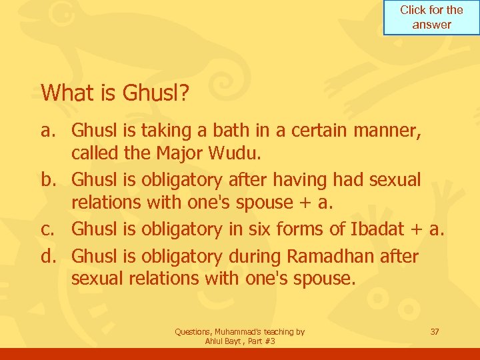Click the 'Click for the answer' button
[x=431, y=17]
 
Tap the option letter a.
[x=48, y=128]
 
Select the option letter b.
[x=48, y=179]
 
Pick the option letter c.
[x=48, y=229]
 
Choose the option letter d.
[x=48, y=256]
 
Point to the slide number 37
[x=435, y=331]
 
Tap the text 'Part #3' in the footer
[x=261, y=341]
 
